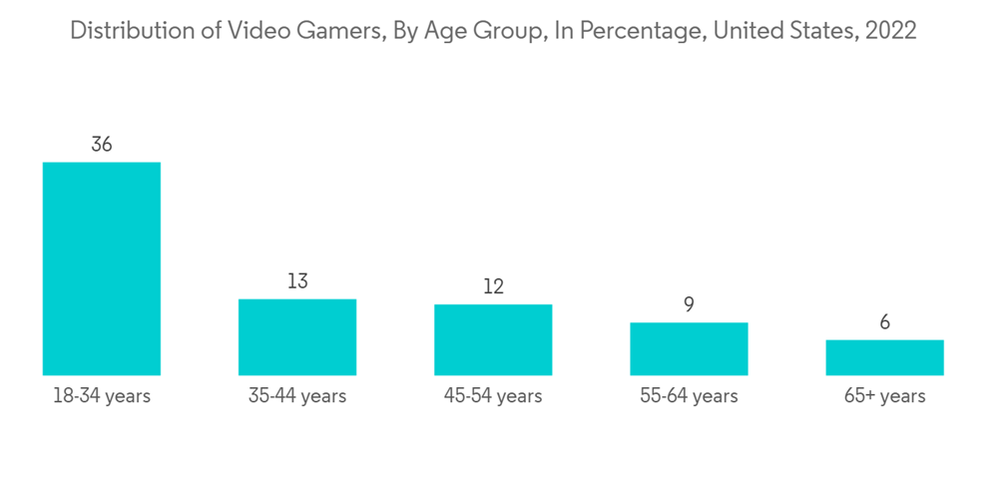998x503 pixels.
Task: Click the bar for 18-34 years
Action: (101, 268)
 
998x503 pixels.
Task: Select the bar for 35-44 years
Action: (297, 337)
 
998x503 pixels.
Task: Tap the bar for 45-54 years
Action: (493, 339)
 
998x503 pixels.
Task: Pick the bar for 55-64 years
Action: (689, 348)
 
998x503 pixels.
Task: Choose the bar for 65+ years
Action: (884, 357)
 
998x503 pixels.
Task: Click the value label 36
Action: (101, 145)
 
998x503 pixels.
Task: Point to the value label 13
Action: (297, 281)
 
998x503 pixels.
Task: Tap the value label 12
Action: (493, 287)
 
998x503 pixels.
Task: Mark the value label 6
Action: (884, 323)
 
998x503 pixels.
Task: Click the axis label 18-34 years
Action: (101, 396)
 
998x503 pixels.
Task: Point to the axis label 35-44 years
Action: (297, 396)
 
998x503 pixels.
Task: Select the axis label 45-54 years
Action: (493, 396)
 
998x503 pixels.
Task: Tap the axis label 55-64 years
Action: (689, 396)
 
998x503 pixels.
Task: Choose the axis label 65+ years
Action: (884, 396)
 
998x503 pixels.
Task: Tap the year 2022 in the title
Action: (891, 31)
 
